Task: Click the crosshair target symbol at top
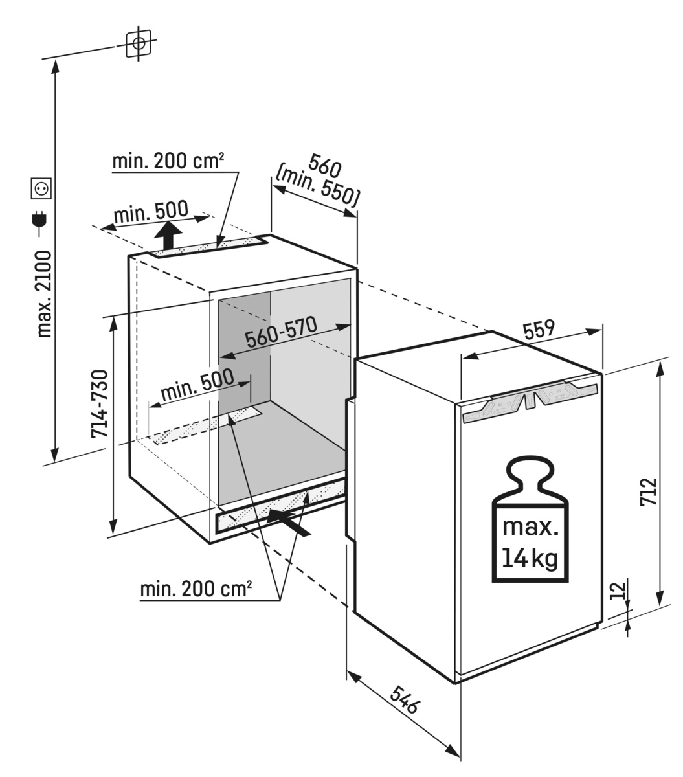coord(138,43)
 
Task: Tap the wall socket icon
coord(42,188)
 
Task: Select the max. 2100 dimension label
coord(43,295)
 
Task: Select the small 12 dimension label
coord(618,590)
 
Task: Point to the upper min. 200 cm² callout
coord(168,161)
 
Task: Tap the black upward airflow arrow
coord(170,236)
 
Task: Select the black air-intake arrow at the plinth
coord(289,521)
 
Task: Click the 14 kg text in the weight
coord(530,559)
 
